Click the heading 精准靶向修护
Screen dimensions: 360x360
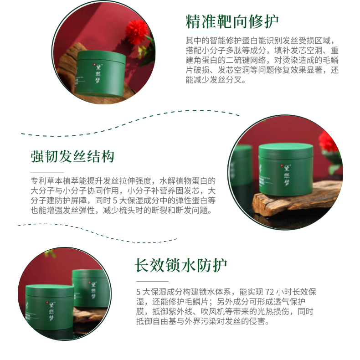pyautogui.click(x=232, y=21)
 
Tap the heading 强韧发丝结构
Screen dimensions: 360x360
pyautogui.click(x=72, y=157)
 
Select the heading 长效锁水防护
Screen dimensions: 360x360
pyautogui.click(x=181, y=265)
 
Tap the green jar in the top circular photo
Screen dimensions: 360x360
pyautogui.click(x=100, y=73)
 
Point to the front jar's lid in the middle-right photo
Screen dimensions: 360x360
pyautogui.click(x=286, y=149)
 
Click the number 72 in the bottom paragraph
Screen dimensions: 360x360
pyautogui.click(x=269, y=292)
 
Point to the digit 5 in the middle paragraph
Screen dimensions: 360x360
pyautogui.click(x=115, y=201)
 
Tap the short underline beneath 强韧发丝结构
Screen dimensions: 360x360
pyautogui.click(x=47, y=172)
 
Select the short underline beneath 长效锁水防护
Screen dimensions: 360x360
pyautogui.click(x=152, y=281)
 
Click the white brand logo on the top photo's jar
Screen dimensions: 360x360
pyautogui.click(x=98, y=73)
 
